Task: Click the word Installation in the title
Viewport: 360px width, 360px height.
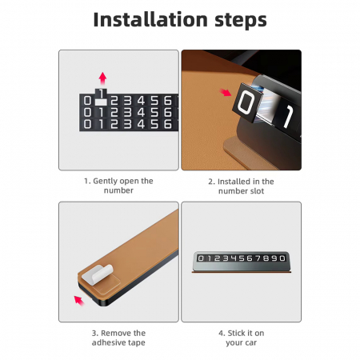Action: [x=150, y=19]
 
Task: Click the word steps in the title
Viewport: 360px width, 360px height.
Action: [x=241, y=20]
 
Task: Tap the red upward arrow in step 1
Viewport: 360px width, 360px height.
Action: [x=102, y=78]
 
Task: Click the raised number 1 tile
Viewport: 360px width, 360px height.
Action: [x=101, y=95]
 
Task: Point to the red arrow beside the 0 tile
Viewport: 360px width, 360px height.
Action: [x=226, y=92]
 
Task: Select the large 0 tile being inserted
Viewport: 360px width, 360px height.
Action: [x=248, y=102]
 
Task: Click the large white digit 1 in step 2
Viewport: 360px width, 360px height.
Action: [x=289, y=116]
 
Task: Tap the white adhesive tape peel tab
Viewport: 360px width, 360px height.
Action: [x=97, y=274]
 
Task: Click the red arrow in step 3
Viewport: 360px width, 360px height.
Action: [x=78, y=300]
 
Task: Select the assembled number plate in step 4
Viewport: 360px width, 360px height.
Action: [x=242, y=262]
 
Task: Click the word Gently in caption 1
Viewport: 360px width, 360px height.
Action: [x=106, y=182]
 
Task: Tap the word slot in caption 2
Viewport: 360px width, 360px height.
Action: [x=257, y=191]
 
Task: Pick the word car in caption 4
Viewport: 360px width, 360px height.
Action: [x=250, y=343]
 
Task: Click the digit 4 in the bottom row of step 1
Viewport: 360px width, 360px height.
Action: [x=141, y=124]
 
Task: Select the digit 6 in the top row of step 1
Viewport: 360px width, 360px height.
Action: [x=168, y=101]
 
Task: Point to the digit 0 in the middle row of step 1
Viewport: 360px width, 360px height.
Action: [x=87, y=112]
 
